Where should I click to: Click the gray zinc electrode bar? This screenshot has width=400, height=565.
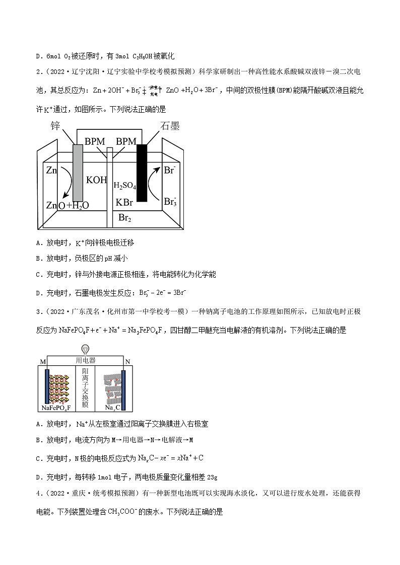point(78,173)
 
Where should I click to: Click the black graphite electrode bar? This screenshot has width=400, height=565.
point(142,173)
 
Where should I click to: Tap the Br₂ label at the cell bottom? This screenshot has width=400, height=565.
point(124,218)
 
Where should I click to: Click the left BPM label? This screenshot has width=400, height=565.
point(95,142)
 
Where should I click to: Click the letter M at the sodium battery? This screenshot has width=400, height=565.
point(42,362)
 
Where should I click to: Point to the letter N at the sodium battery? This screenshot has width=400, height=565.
point(127,362)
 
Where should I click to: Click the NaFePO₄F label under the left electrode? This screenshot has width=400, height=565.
point(56,408)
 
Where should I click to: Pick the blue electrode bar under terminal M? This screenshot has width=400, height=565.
point(47,387)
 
